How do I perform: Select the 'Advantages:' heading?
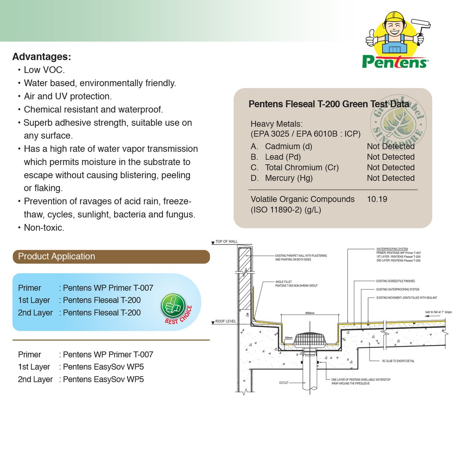pos(42,57)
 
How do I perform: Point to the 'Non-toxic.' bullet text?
pos(44,228)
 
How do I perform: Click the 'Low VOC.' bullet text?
pos(44,70)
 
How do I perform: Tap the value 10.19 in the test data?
pos(377,199)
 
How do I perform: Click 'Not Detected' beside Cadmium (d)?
pos(390,146)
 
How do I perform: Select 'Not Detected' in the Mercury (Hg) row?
pos(390,178)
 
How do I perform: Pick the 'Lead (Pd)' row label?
pos(283,157)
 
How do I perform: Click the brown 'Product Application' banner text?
pos(56,256)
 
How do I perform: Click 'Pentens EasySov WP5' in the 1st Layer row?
pos(103,367)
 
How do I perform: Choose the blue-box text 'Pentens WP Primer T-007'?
pos(108,288)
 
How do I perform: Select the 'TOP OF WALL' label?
pos(226,242)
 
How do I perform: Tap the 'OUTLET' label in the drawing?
pos(283,383)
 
